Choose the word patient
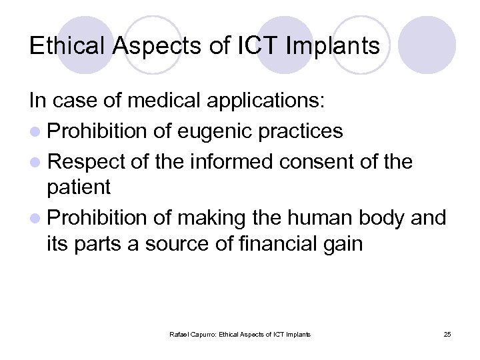78,188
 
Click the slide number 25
447,334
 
